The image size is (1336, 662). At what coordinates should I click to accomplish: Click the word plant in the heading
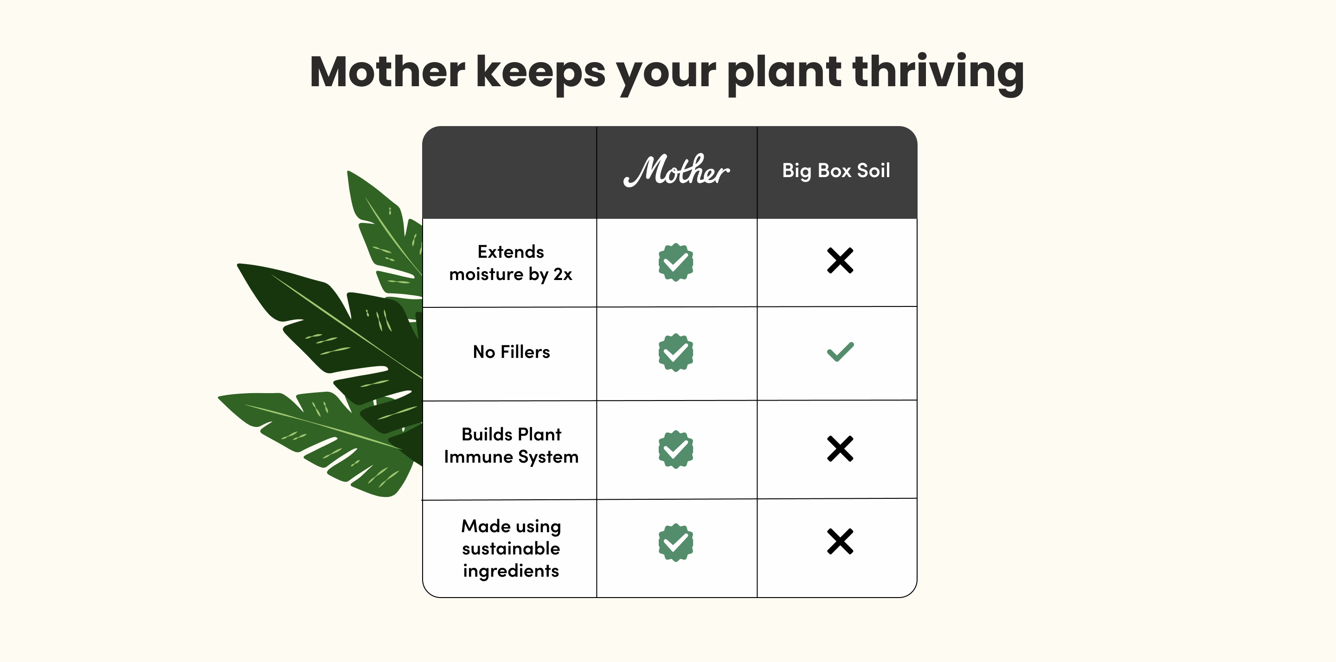pyautogui.click(x=784, y=75)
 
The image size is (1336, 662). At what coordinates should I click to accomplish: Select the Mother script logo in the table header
pyautogui.click(x=676, y=170)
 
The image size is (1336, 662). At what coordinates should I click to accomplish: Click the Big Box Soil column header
pyautogui.click(x=836, y=171)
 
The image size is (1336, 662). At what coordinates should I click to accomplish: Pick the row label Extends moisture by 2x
pyautogui.click(x=511, y=263)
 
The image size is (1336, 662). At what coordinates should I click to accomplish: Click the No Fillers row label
pyautogui.click(x=511, y=352)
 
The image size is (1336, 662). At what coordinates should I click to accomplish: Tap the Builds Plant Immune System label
pyautogui.click(x=511, y=446)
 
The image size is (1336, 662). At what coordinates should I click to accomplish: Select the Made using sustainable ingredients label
pyautogui.click(x=511, y=548)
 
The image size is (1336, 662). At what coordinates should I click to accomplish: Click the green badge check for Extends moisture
pyautogui.click(x=676, y=262)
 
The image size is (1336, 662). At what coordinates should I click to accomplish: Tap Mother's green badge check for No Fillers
pyautogui.click(x=676, y=352)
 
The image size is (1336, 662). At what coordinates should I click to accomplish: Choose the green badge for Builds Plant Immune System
pyautogui.click(x=676, y=450)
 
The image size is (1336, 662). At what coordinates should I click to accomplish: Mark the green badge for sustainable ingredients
pyautogui.click(x=676, y=542)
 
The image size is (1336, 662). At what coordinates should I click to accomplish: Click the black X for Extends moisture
pyautogui.click(x=840, y=260)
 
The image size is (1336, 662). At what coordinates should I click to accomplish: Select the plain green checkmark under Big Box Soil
pyautogui.click(x=840, y=352)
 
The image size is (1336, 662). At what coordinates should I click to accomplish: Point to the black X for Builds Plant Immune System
pyautogui.click(x=840, y=448)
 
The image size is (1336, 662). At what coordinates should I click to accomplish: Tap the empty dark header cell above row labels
pyautogui.click(x=510, y=172)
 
